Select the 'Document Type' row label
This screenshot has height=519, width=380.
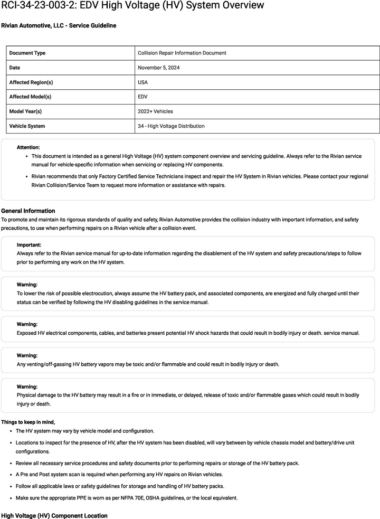tap(27, 53)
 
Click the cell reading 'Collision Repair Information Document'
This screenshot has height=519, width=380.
tap(182, 53)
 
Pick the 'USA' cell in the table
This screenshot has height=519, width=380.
tap(143, 82)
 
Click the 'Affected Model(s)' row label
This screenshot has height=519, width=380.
tap(30, 97)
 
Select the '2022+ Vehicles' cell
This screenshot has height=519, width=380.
tap(155, 111)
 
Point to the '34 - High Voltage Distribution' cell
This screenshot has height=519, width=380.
tap(171, 126)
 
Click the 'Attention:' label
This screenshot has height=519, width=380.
tap(28, 147)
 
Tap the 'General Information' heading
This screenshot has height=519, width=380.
tap(28, 211)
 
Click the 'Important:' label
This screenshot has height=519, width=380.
tap(29, 245)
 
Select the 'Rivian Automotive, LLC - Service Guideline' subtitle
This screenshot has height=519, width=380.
tap(59, 25)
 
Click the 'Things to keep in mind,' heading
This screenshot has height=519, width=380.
tap(28, 421)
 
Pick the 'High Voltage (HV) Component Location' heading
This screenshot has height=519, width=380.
tap(54, 515)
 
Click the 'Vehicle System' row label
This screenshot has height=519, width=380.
tap(27, 126)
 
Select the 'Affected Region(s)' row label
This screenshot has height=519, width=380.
tap(31, 82)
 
